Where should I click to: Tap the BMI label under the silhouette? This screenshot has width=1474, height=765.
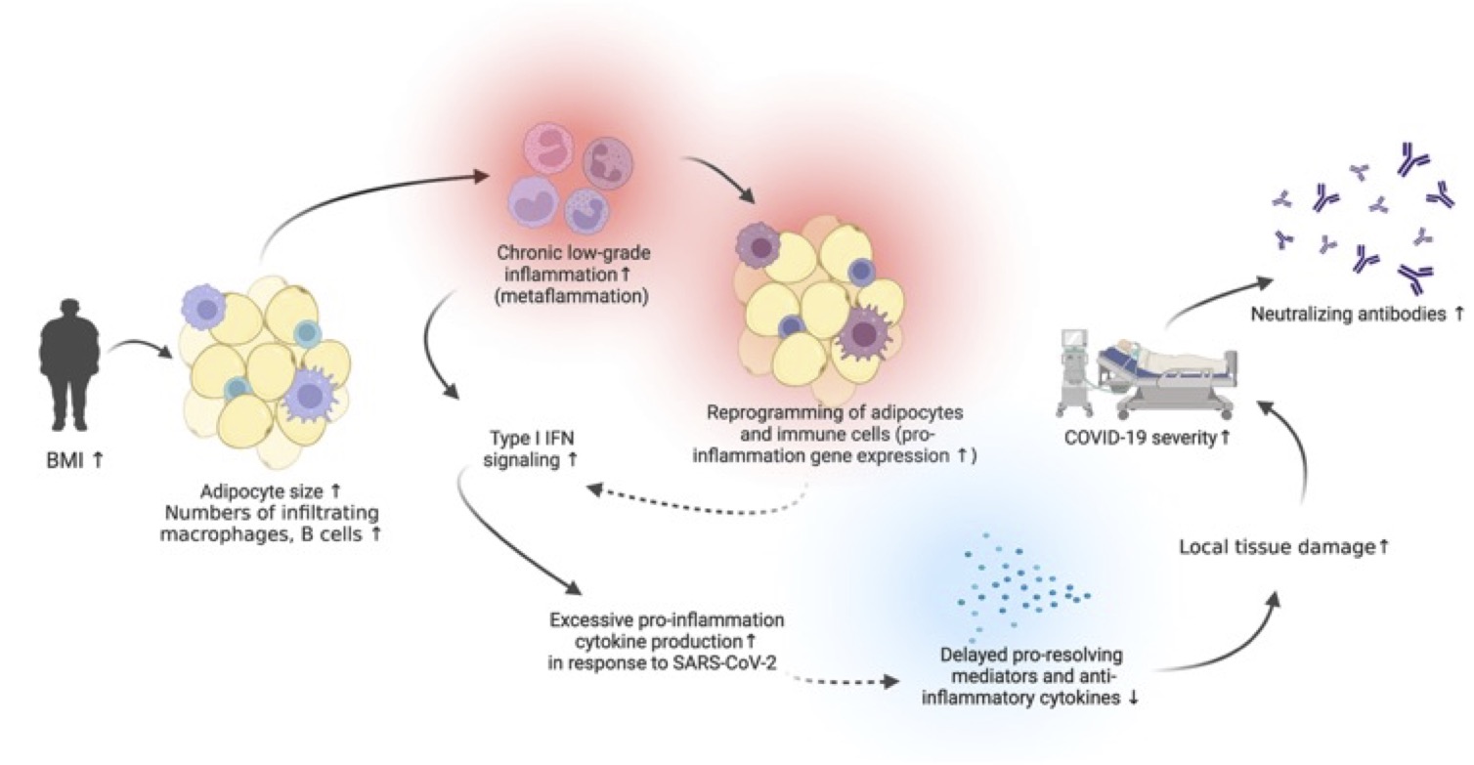click(71, 457)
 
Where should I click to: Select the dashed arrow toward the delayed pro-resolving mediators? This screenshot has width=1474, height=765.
click(841, 677)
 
